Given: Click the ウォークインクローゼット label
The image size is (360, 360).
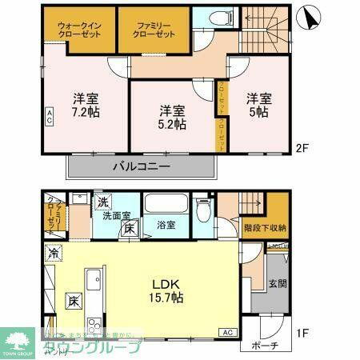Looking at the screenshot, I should [x=78, y=29].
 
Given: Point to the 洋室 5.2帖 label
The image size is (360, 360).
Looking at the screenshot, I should [x=171, y=117].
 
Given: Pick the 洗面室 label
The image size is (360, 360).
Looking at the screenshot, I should [x=116, y=216].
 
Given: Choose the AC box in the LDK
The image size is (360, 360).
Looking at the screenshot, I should [x=226, y=332].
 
